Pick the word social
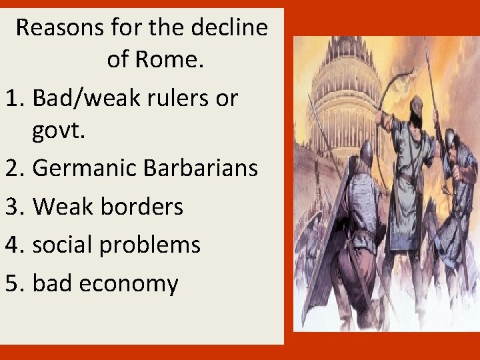(62, 244)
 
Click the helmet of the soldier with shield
(366, 152)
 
